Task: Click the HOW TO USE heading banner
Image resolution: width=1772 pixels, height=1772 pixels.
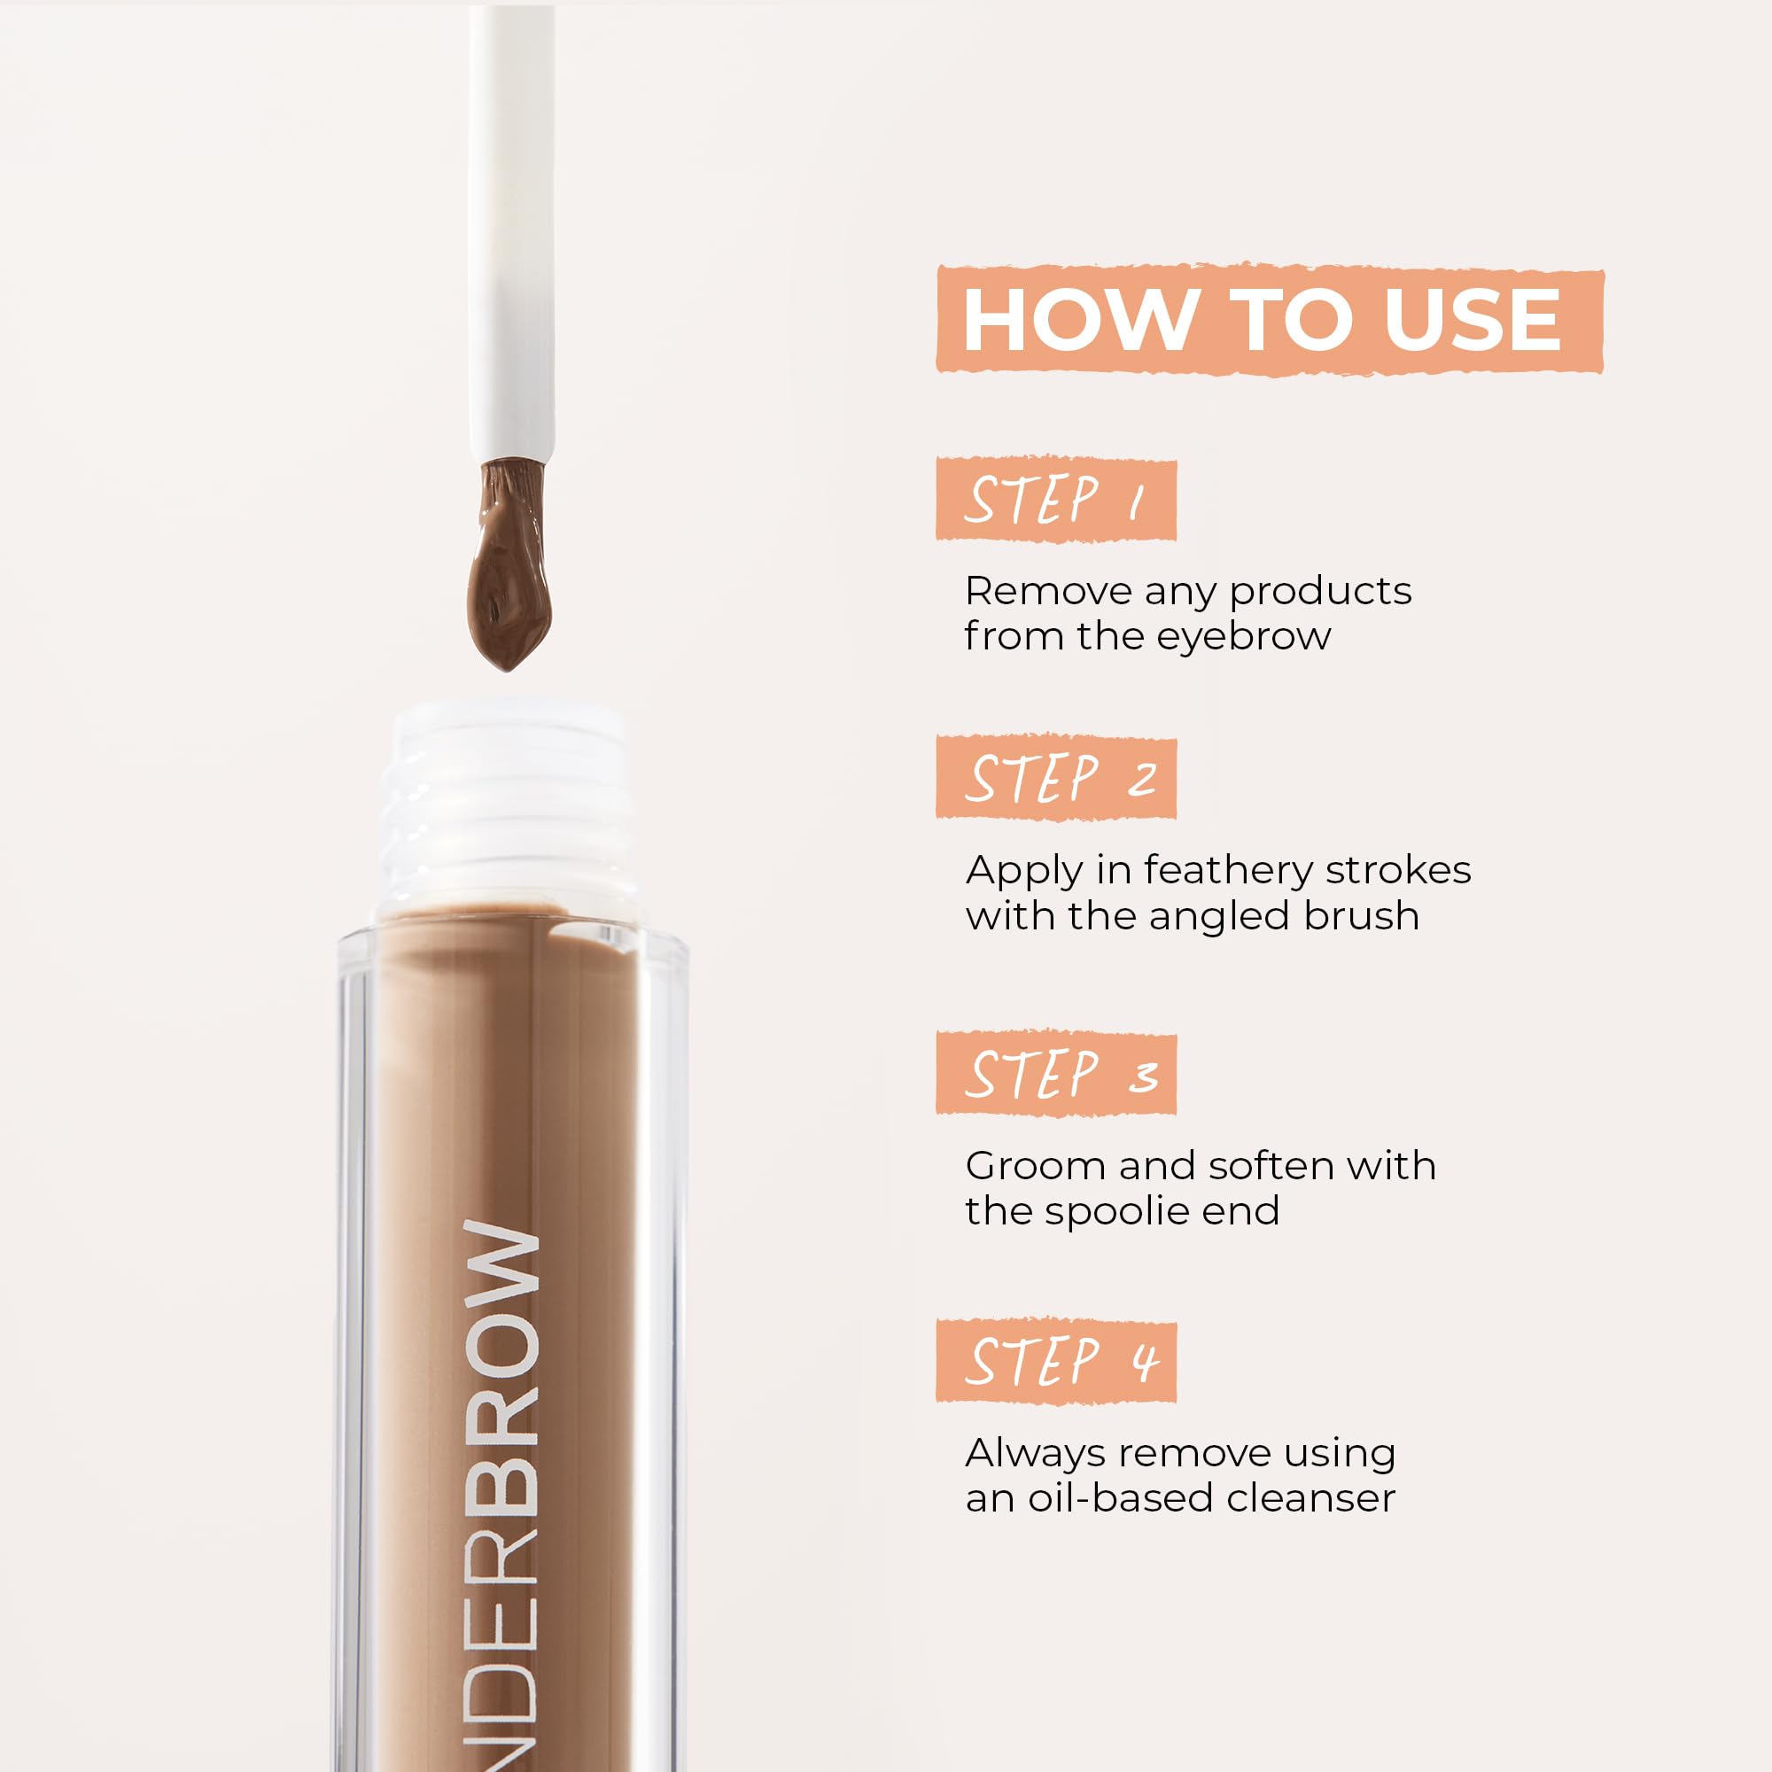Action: point(1269,319)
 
